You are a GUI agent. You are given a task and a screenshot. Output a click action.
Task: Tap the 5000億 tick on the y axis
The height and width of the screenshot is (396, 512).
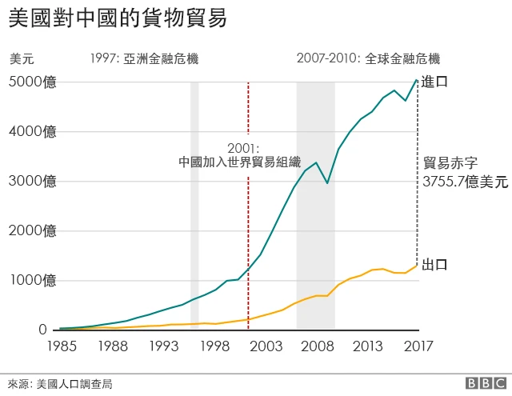click(x=33, y=82)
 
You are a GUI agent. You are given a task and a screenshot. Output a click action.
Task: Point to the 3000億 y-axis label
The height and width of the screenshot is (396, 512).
click(x=33, y=182)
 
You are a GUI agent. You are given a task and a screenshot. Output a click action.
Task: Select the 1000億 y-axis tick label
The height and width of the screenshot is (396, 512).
click(x=33, y=281)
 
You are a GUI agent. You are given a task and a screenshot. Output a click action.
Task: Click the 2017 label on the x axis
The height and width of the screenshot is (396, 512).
click(x=417, y=346)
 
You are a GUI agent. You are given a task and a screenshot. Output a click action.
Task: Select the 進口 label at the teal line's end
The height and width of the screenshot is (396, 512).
click(x=434, y=82)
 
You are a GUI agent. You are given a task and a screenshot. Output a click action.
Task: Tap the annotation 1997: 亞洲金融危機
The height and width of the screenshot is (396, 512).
click(x=144, y=59)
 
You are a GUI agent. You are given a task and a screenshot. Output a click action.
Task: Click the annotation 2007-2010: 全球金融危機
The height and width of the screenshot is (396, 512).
click(x=368, y=59)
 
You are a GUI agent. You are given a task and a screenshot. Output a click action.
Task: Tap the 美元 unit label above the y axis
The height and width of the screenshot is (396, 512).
click(x=22, y=59)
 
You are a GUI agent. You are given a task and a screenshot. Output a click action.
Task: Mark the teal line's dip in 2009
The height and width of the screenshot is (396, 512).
click(x=327, y=183)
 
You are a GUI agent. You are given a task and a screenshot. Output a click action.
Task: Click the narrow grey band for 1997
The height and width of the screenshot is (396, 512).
click(x=194, y=205)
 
